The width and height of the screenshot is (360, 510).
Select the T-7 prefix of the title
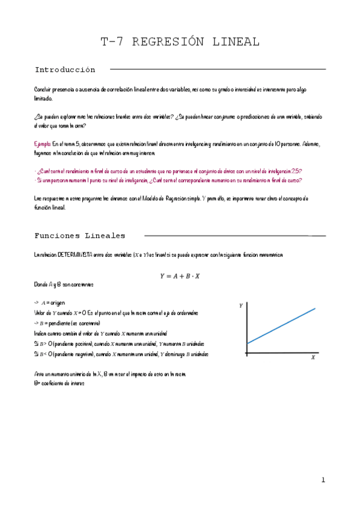tap(112, 42)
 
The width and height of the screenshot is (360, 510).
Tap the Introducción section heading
tap(65, 70)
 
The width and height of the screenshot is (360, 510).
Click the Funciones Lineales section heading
tap(80, 236)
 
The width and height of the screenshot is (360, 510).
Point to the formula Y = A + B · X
tap(180, 277)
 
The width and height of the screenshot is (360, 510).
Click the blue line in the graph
tap(281, 326)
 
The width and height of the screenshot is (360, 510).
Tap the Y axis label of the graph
tap(241, 306)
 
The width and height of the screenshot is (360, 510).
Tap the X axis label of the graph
tap(313, 357)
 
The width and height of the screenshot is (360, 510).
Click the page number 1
tap(323, 480)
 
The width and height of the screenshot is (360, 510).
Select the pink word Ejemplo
tap(43, 145)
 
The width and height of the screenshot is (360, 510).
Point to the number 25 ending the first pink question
tap(297, 171)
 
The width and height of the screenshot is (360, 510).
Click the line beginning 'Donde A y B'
tap(64, 284)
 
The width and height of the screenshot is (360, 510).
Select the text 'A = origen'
tap(51, 303)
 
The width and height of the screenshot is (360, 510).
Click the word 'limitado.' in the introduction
tap(44, 97)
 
